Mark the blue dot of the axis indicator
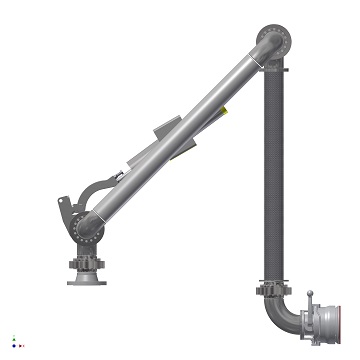[14, 345]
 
